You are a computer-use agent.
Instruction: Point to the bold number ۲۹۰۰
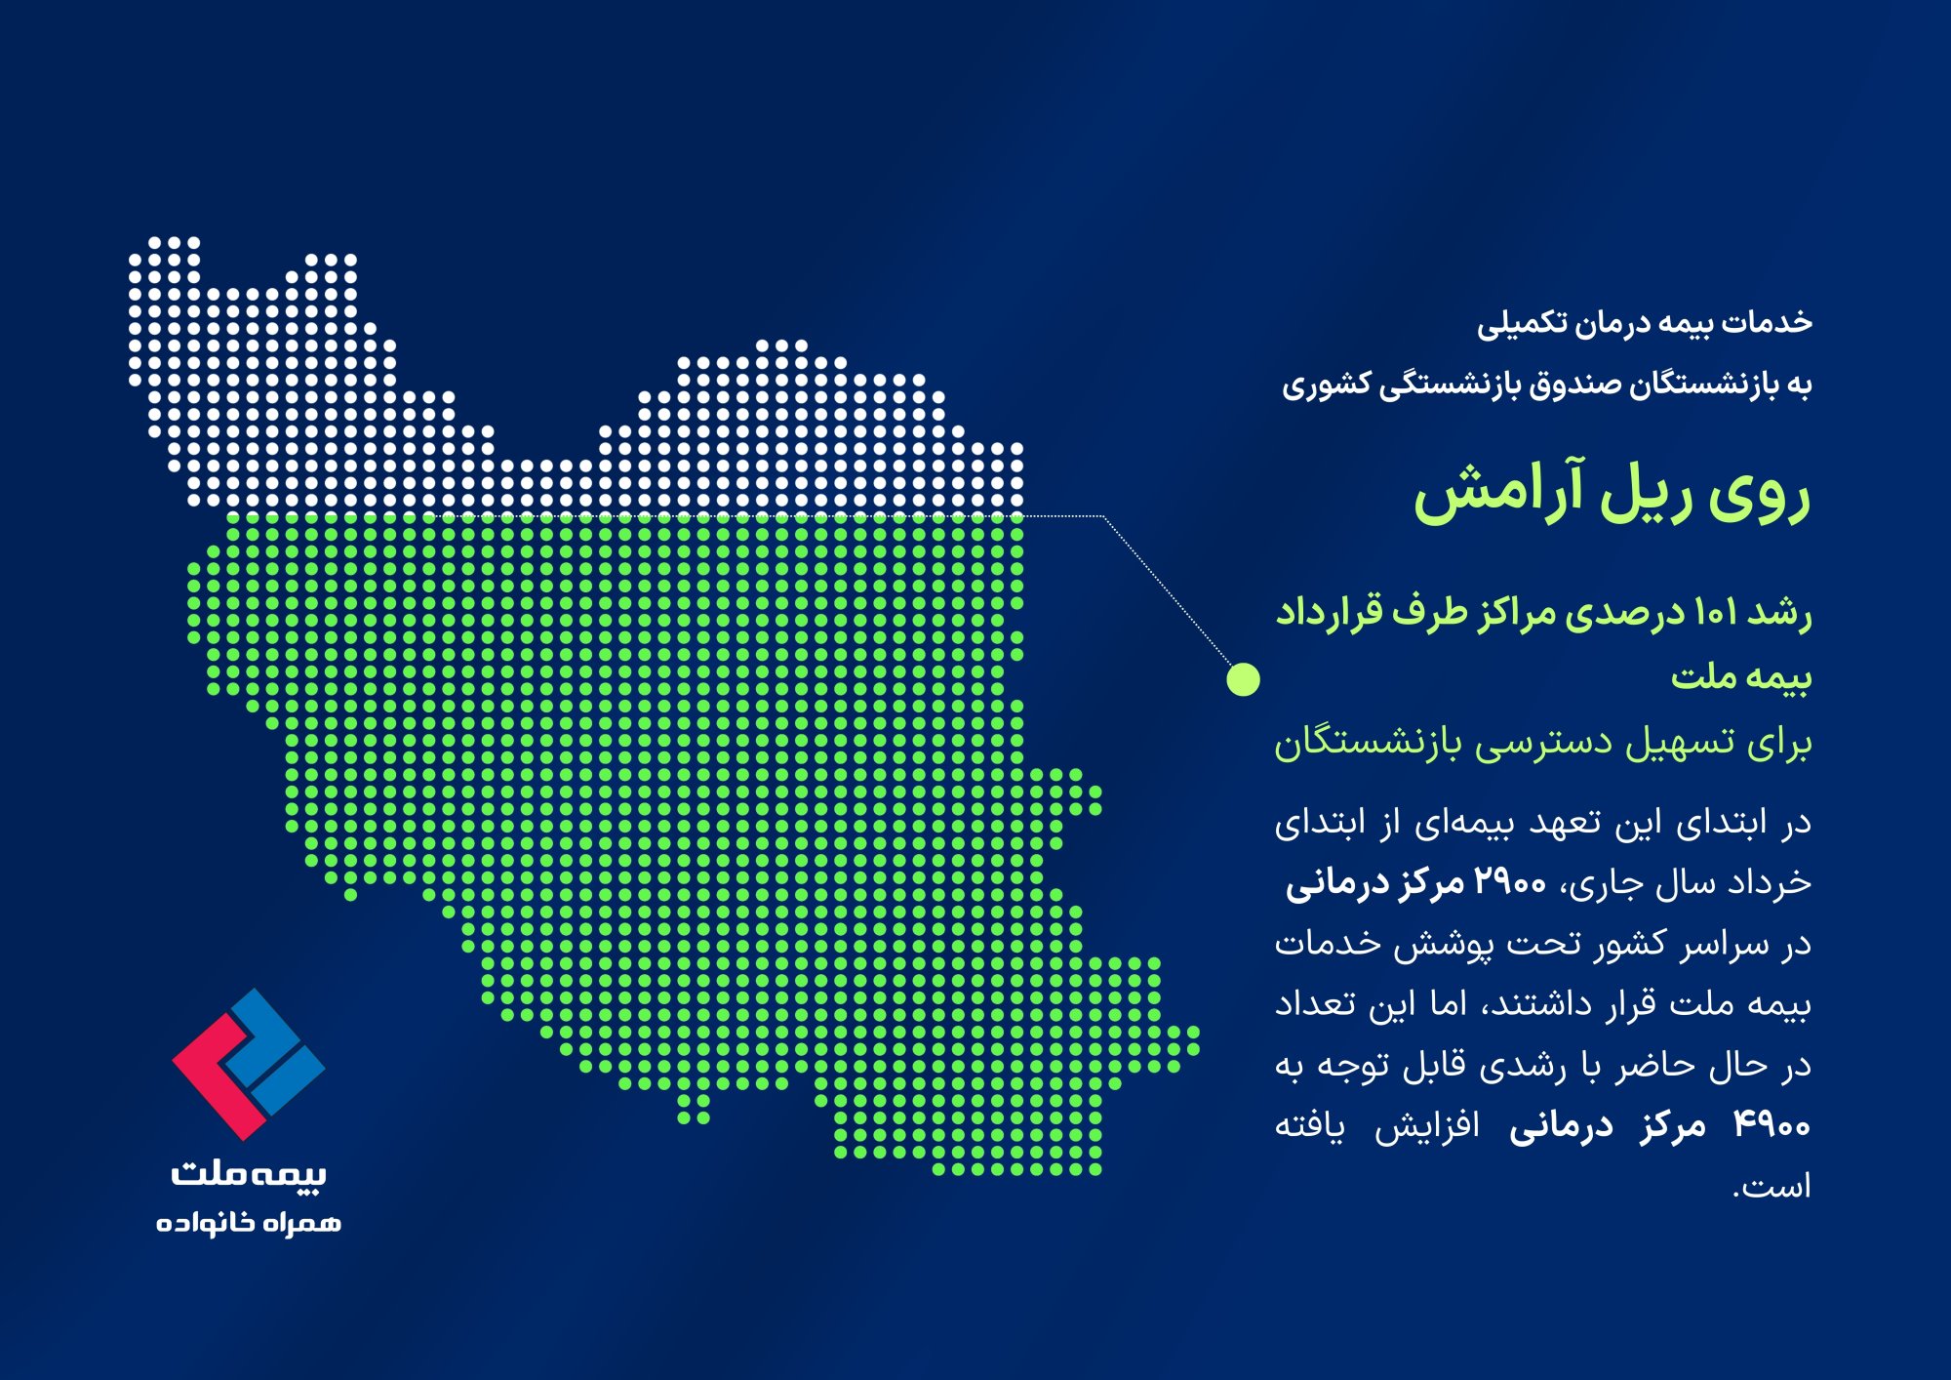[x=1510, y=883]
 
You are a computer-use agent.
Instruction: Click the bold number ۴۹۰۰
[x=1772, y=1125]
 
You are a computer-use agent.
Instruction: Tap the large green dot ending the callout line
[x=1243, y=679]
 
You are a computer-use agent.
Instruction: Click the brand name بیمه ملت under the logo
[x=249, y=1172]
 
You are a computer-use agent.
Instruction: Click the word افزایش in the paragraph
[x=1427, y=1125]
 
